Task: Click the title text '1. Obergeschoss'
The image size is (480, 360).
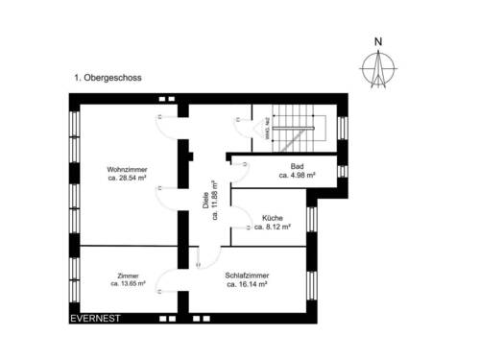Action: click(x=108, y=74)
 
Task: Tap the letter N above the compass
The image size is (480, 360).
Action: click(x=378, y=41)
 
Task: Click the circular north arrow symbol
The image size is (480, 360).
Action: click(x=378, y=67)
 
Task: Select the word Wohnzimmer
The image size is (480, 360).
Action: click(x=127, y=169)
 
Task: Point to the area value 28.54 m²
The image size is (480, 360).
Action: click(x=127, y=179)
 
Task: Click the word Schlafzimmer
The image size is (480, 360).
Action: click(x=246, y=275)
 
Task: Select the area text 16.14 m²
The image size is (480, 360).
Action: click(x=246, y=284)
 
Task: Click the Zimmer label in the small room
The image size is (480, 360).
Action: click(x=128, y=275)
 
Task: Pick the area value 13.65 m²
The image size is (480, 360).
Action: click(x=128, y=284)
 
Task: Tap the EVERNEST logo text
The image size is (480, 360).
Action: click(x=94, y=318)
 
